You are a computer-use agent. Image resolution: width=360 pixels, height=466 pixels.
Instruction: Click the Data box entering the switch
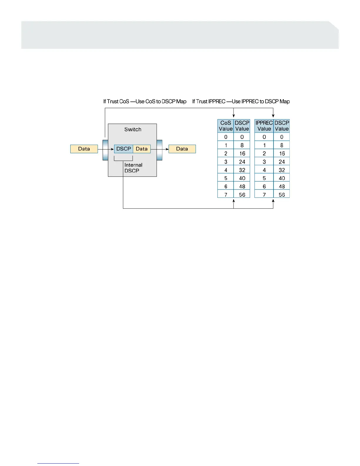point(84,149)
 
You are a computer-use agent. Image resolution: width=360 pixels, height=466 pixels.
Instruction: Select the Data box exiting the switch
point(182,149)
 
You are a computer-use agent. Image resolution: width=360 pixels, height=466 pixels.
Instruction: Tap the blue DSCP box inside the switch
point(124,149)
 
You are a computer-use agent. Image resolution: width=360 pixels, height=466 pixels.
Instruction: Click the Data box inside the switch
point(142,149)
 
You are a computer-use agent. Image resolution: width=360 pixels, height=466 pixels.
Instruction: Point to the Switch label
point(133,129)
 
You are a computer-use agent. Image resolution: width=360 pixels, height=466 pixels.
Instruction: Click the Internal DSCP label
point(133,168)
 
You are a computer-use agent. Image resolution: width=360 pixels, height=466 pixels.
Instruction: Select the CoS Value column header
point(226,126)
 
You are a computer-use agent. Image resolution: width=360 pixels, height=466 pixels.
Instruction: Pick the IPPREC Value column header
point(264,126)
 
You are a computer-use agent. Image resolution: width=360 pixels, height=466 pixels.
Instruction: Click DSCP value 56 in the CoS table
point(242,194)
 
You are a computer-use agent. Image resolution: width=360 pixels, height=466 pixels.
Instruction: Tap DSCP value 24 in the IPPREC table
point(282,162)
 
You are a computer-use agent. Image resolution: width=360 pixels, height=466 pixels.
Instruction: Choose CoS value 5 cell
point(226,178)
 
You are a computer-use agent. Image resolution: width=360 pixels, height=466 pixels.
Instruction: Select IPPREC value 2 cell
point(264,153)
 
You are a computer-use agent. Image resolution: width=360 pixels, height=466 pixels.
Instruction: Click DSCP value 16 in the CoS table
point(242,153)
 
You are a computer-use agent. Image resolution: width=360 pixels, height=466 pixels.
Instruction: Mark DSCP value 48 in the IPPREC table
point(282,186)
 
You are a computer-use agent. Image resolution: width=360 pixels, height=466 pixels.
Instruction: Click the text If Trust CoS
point(116,101)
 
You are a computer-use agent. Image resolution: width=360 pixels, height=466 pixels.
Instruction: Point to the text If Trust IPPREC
point(209,101)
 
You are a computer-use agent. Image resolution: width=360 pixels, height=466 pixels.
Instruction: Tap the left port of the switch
point(105,150)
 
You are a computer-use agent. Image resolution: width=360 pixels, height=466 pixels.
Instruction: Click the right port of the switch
point(159,150)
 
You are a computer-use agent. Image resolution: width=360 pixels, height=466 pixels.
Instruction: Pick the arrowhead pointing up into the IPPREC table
point(273,201)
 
